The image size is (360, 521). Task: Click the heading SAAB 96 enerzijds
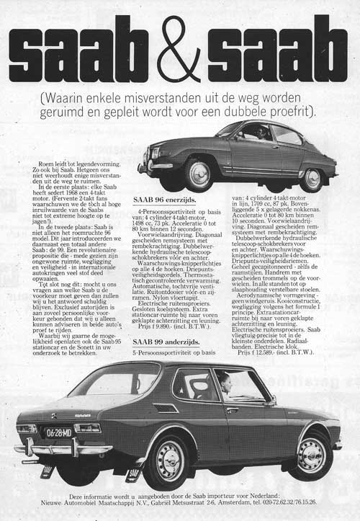pyautogui.click(x=167, y=197)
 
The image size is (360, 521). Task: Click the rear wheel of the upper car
pyautogui.click(x=311, y=178)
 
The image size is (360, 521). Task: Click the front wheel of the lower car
pyautogui.click(x=311, y=455)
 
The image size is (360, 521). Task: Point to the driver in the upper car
pyautogui.click(x=256, y=134)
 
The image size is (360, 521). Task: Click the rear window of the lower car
pyautogui.click(x=115, y=380)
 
